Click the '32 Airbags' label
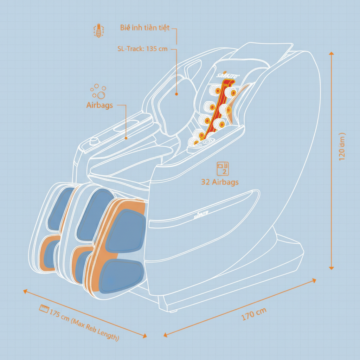pyautogui.click(x=220, y=182)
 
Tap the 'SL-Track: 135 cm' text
pyautogui.click(x=142, y=49)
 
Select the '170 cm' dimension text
pyautogui.click(x=254, y=313)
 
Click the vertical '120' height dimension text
pyautogui.click(x=342, y=147)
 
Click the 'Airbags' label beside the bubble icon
pyautogui.click(x=99, y=105)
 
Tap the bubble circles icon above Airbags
pyautogui.click(x=98, y=91)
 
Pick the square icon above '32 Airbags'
pyautogui.click(x=223, y=168)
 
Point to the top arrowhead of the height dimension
pyautogui.click(x=331, y=53)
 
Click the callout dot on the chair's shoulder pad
pyautogui.click(x=176, y=94)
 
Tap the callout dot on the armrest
pyautogui.click(x=126, y=138)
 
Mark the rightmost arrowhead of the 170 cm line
pyautogui.click(x=314, y=280)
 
